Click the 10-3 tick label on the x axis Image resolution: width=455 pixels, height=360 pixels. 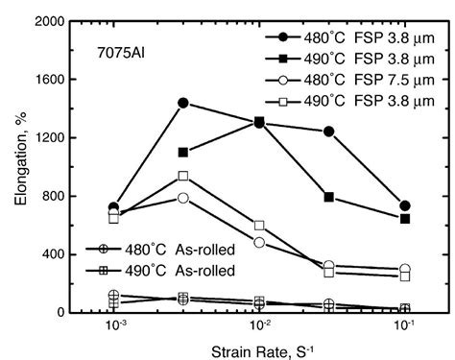pyautogui.click(x=114, y=326)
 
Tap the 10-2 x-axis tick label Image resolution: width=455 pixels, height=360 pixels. pyautogui.click(x=258, y=326)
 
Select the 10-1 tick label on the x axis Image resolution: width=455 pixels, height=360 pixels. pyautogui.click(x=404, y=326)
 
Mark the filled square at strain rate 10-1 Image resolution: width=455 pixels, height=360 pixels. pyautogui.click(x=405, y=219)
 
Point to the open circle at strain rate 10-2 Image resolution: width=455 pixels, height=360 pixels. pyautogui.click(x=259, y=242)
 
